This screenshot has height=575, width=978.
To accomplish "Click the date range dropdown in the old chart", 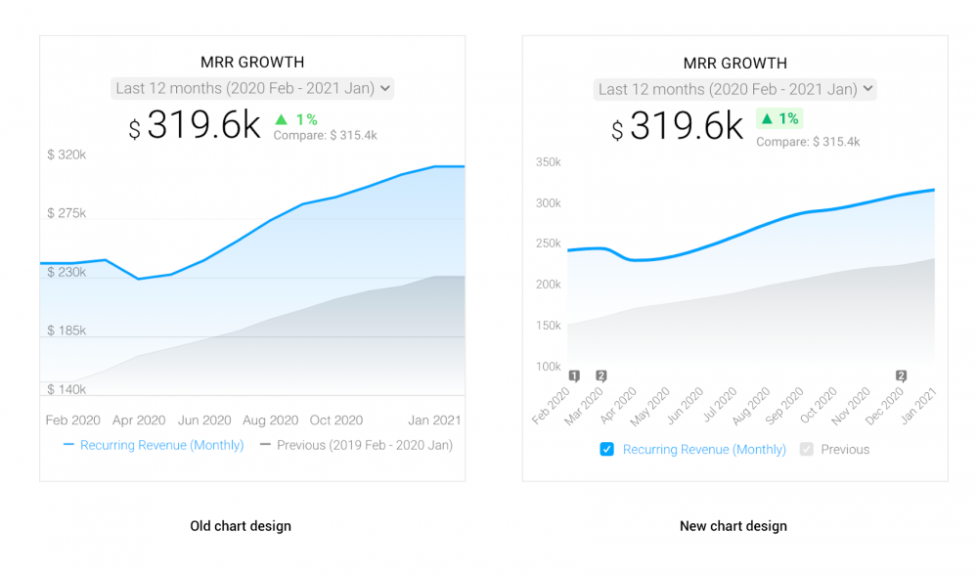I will coord(252,88).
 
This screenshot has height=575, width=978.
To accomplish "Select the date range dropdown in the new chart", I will coord(734,89).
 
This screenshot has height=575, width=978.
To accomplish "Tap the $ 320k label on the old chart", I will coord(67,155).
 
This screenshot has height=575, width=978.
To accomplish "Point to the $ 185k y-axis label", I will coord(67,331).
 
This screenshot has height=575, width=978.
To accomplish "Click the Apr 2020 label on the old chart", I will coord(139,420).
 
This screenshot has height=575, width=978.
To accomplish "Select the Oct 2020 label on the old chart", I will coord(336,420).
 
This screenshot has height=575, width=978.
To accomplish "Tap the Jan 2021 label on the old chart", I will coord(434,420).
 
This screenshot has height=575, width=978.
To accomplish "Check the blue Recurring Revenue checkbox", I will coord(607,450).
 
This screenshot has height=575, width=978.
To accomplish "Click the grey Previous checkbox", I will coord(806,450).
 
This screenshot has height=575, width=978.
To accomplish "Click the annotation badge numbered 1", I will coord(574,376).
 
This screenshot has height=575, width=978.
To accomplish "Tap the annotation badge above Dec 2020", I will coord(901,376).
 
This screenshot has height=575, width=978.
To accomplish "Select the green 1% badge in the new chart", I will coord(779,119).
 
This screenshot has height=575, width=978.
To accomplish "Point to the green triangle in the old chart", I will coord(282,119).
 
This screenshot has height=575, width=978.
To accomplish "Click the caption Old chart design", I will coord(241,526).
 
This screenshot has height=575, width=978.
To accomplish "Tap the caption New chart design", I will coord(733,526).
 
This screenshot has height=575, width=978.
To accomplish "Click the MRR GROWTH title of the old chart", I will coord(252,63).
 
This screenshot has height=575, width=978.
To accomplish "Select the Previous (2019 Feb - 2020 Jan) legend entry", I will coord(356,445).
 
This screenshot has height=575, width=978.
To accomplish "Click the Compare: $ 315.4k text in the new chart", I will coord(808,142).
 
